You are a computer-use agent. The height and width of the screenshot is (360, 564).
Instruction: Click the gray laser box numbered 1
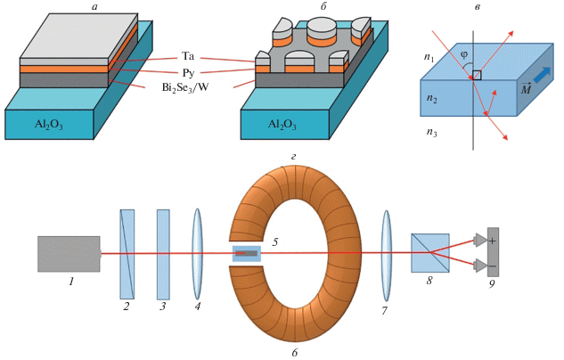tap(69, 254)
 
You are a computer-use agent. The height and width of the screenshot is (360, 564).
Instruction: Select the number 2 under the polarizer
tap(127, 307)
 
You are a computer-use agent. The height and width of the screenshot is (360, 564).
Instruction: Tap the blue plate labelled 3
tap(163, 254)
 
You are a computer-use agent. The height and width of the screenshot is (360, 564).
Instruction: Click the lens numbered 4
tap(197, 254)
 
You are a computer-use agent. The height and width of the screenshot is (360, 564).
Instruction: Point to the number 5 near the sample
tap(275, 241)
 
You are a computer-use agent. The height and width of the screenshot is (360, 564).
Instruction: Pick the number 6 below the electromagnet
tap(295, 353)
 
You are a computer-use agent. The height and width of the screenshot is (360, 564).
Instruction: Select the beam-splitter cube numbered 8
tap(429, 253)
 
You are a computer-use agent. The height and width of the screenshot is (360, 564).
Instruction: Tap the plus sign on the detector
tap(492, 241)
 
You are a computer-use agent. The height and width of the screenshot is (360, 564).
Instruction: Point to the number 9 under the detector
tap(492, 285)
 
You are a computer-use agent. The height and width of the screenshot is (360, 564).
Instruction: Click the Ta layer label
tap(188, 55)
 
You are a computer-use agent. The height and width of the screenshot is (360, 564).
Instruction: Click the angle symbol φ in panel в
tap(464, 53)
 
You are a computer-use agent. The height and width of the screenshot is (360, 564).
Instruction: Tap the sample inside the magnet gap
tap(247, 254)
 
